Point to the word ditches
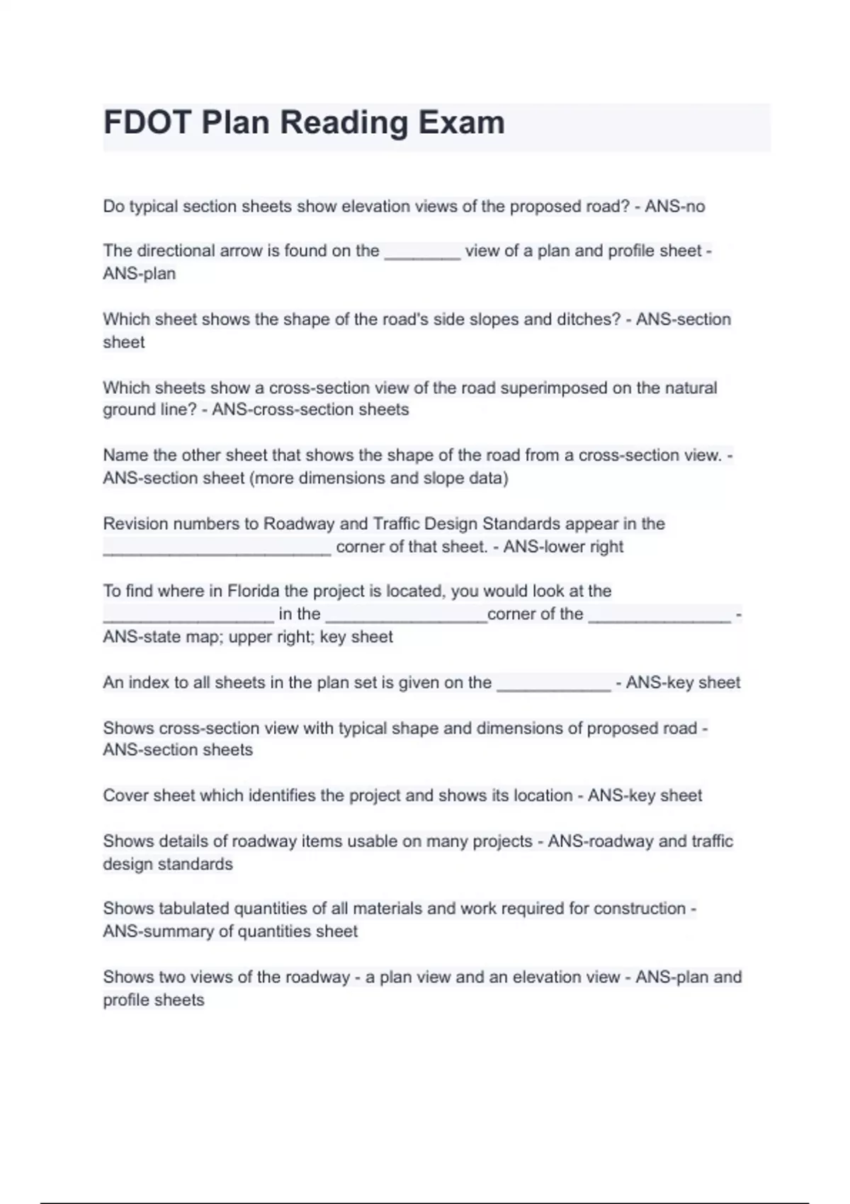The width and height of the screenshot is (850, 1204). tap(589, 319)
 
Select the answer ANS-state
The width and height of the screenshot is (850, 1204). tap(140, 637)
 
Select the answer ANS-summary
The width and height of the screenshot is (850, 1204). tap(157, 931)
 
